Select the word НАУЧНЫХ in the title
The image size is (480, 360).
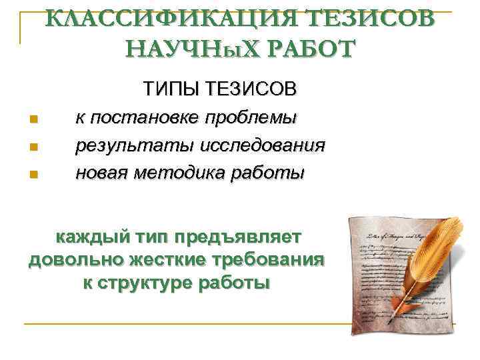[191, 49]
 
